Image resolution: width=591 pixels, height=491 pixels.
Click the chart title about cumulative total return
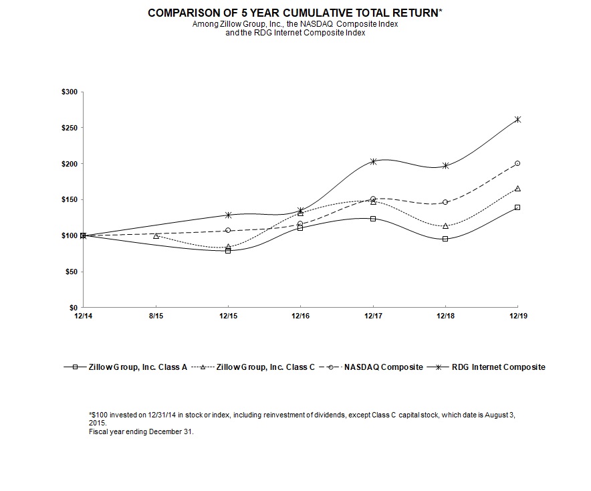tap(295, 13)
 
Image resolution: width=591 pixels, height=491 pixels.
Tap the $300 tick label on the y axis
tap(69, 92)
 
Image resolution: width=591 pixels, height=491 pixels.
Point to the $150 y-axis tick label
tap(69, 199)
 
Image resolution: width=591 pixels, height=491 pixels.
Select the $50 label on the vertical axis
tap(71, 272)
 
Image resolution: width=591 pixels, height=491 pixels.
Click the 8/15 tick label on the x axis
tap(156, 315)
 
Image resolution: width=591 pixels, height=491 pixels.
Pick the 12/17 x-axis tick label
tap(372, 315)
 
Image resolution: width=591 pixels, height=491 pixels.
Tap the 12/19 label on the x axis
tap(517, 315)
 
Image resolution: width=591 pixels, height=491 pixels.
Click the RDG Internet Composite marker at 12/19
tap(517, 120)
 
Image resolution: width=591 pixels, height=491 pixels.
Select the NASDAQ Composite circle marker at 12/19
tap(517, 163)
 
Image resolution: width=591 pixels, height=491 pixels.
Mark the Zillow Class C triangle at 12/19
tap(517, 189)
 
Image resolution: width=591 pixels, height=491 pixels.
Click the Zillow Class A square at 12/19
tap(517, 207)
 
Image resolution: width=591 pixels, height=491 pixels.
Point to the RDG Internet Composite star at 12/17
tap(373, 161)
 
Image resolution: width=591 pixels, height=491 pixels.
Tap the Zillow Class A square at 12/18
tap(445, 239)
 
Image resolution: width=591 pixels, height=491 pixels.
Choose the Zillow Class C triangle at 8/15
tap(156, 235)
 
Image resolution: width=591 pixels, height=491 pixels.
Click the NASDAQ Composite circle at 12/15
tap(228, 230)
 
